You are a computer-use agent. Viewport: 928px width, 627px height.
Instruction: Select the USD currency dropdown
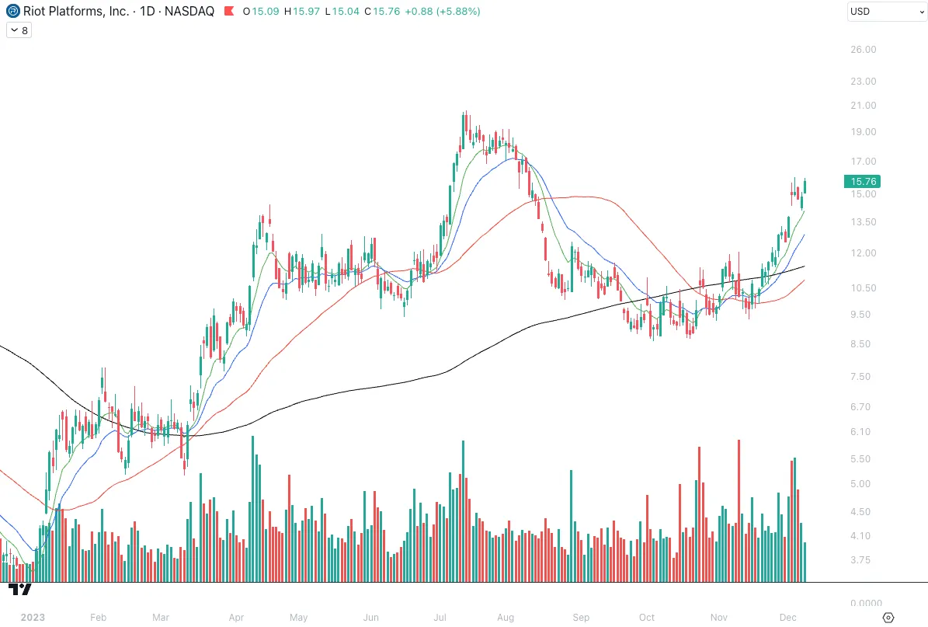tap(885, 12)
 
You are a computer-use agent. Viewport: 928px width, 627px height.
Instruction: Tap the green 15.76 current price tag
tap(864, 182)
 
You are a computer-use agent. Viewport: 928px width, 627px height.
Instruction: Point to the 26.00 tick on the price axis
tap(864, 50)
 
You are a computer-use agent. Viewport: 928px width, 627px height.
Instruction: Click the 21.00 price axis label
tap(864, 106)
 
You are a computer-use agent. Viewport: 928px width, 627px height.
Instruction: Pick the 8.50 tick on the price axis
tap(864, 344)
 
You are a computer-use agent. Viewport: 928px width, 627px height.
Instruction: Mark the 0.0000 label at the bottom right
tap(864, 604)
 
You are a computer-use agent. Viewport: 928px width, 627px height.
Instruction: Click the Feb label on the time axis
tap(98, 618)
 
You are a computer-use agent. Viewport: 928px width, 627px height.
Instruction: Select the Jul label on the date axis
tap(440, 618)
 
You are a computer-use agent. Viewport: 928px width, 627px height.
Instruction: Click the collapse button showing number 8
tap(19, 30)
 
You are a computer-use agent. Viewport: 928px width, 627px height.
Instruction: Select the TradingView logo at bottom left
tap(20, 589)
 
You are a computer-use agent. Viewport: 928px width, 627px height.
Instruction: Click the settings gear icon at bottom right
tap(889, 618)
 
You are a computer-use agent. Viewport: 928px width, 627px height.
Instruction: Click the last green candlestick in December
tap(805, 186)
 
